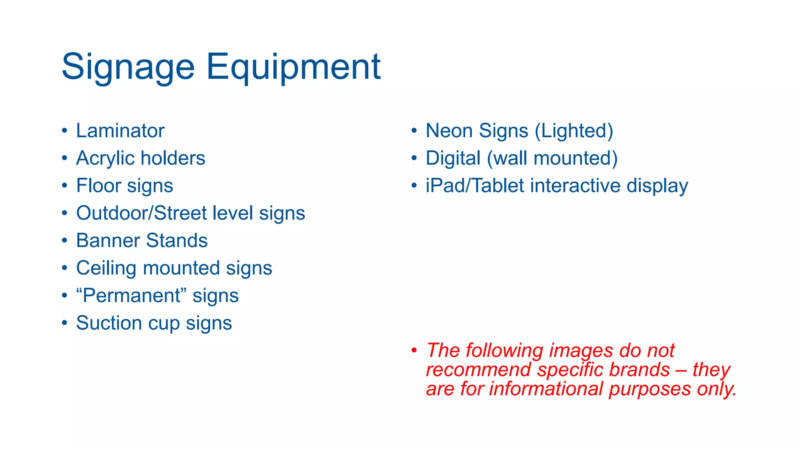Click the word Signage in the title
[x=128, y=67]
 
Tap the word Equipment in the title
[x=293, y=67]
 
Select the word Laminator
[x=120, y=131]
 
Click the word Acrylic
[x=105, y=158]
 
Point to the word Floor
[x=98, y=186]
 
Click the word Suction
[x=109, y=323]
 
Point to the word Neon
[x=449, y=131]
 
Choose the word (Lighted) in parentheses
[x=574, y=131]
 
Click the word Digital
[x=453, y=158]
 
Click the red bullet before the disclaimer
[x=414, y=350]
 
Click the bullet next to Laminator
[x=64, y=130]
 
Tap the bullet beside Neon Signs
[x=414, y=130]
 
